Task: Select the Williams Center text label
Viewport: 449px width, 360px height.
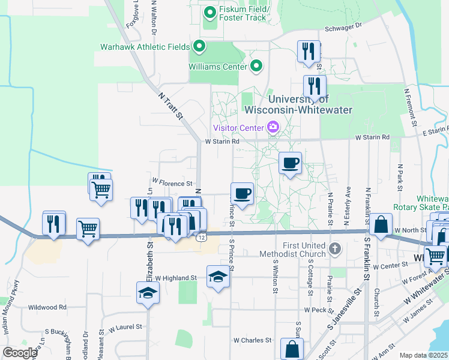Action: pyautogui.click(x=218, y=67)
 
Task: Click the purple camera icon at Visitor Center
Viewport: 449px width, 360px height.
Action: pyautogui.click(x=273, y=127)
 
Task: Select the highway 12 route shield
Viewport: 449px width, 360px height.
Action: pyautogui.click(x=205, y=238)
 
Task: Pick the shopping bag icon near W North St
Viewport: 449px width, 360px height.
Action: pyautogui.click(x=381, y=225)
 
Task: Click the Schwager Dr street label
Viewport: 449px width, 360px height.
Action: pyautogui.click(x=344, y=26)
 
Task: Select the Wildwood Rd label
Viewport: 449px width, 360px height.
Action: pyautogui.click(x=47, y=307)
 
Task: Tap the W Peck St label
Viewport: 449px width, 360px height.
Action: pyautogui.click(x=315, y=310)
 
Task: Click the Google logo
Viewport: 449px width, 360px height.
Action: pyautogui.click(x=20, y=352)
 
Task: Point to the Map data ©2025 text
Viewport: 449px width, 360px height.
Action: pyautogui.click(x=423, y=355)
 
